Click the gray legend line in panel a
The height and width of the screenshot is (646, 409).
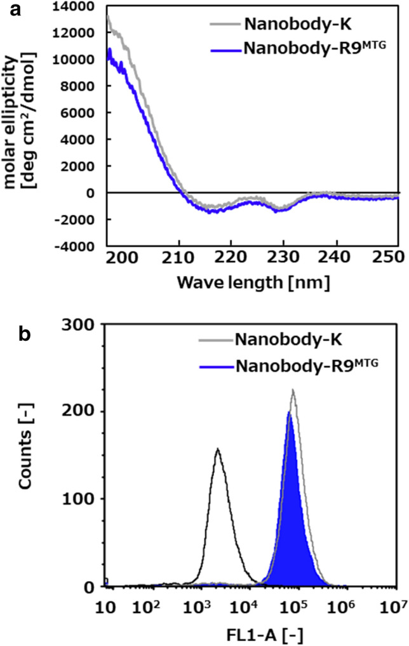click(224, 25)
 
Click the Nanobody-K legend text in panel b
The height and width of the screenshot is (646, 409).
click(288, 340)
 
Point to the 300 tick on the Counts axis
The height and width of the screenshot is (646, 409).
click(81, 324)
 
